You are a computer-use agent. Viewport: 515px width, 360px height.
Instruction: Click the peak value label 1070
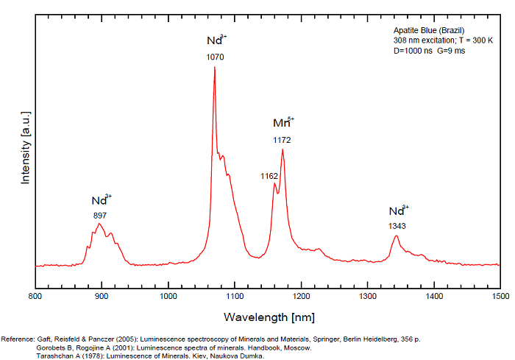[x=216, y=57]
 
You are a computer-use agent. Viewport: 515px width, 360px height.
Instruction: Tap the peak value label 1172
[x=282, y=139]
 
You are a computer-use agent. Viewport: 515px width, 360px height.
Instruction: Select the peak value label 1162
[x=269, y=176]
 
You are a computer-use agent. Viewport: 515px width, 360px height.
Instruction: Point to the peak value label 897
[x=100, y=216]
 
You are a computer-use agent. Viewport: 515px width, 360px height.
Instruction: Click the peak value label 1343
[x=397, y=226]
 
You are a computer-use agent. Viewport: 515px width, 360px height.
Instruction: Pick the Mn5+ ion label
[x=283, y=122]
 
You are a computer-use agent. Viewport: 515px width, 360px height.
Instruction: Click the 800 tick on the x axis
[x=35, y=296]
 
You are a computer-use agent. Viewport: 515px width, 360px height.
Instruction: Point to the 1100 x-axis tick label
[x=235, y=296]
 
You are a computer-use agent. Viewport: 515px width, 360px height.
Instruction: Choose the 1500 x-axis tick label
[x=500, y=296]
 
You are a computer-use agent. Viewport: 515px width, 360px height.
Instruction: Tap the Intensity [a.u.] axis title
[x=26, y=147]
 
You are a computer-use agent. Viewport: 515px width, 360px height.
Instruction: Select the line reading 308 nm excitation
[x=433, y=40]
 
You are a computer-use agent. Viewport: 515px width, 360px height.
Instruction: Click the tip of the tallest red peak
[x=214, y=67]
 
